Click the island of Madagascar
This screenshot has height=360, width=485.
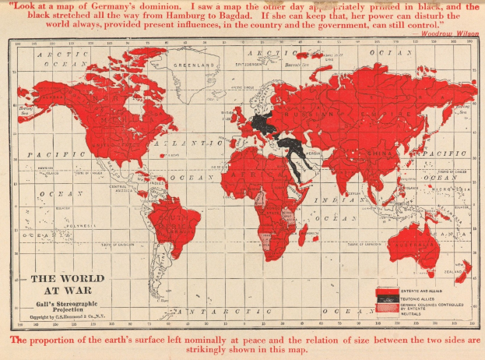(302, 231)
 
